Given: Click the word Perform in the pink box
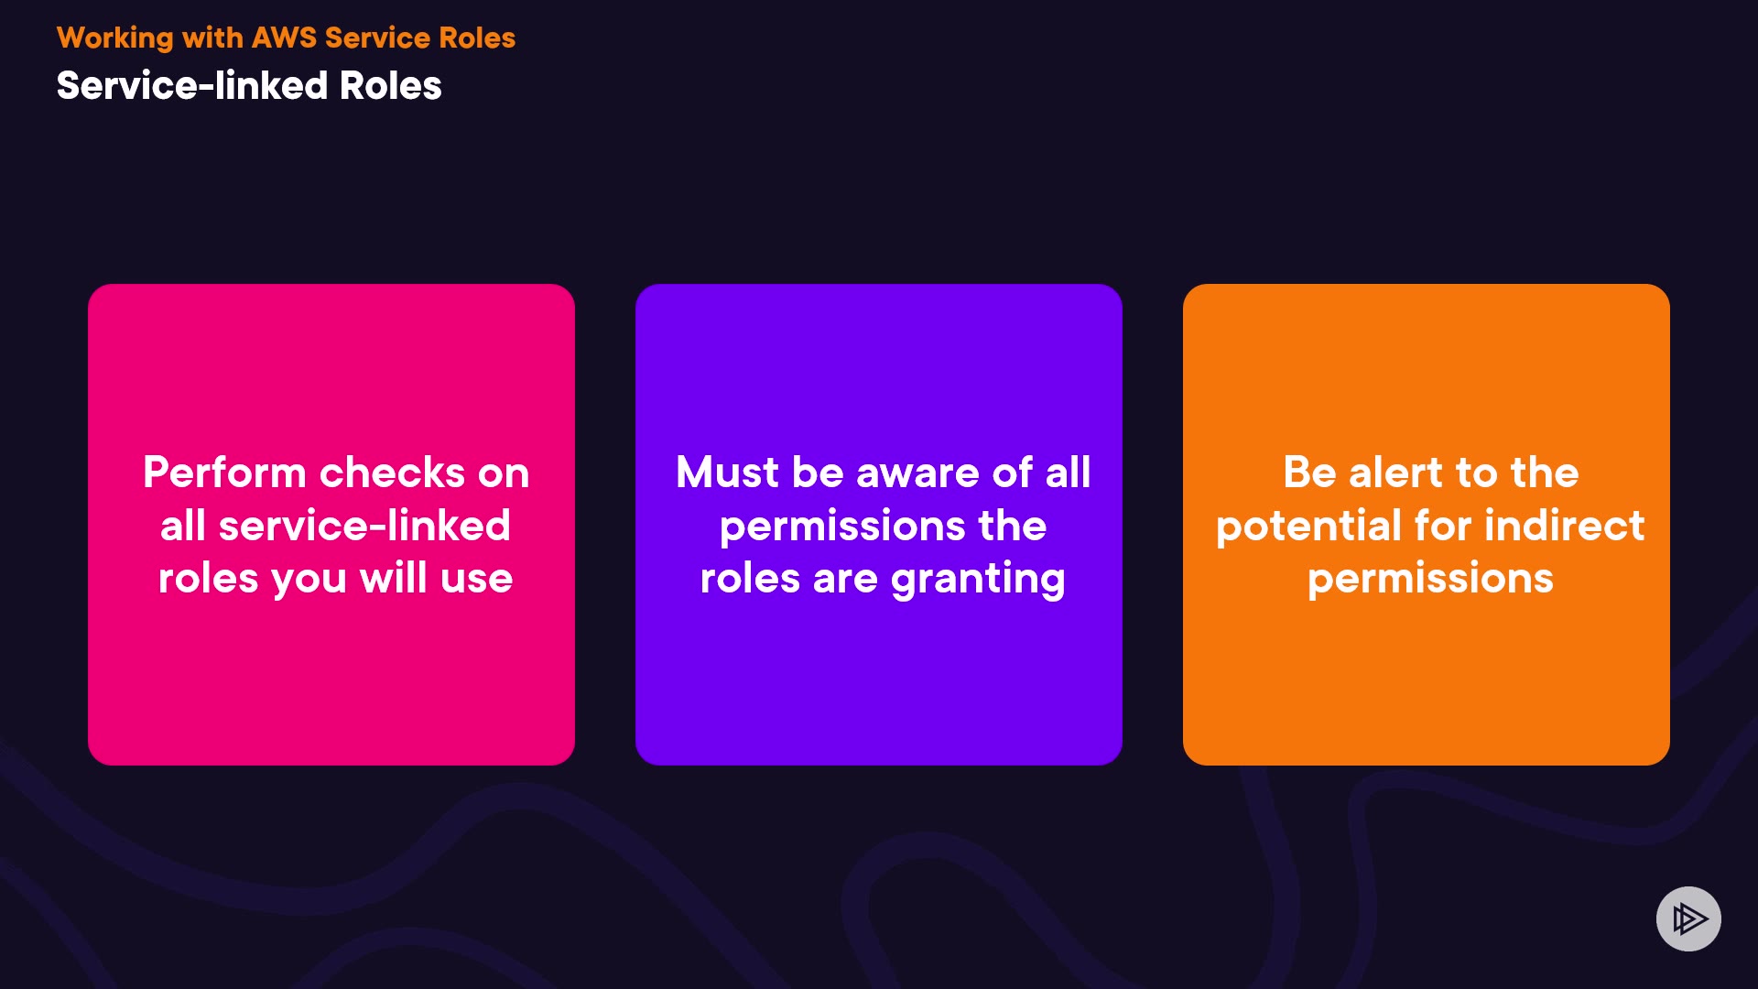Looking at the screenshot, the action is pyautogui.click(x=224, y=473).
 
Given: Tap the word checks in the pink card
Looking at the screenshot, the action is pyautogui.click(x=393, y=473).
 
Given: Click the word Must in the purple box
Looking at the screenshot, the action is pyautogui.click(x=727, y=473).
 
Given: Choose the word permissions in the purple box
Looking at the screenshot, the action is pyautogui.click(x=842, y=527).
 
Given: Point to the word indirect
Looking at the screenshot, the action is pyautogui.click(x=1564, y=526).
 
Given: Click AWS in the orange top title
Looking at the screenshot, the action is pyautogui.click(x=284, y=38).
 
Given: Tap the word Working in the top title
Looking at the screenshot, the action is pyautogui.click(x=115, y=38).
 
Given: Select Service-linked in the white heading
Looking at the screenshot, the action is pyautogui.click(x=192, y=85).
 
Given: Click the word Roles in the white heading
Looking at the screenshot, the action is pyautogui.click(x=391, y=85).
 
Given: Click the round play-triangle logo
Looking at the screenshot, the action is pyautogui.click(x=1688, y=918).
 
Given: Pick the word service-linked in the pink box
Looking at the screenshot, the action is pyautogui.click(x=364, y=526).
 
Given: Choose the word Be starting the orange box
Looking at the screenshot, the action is pyautogui.click(x=1309, y=473).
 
